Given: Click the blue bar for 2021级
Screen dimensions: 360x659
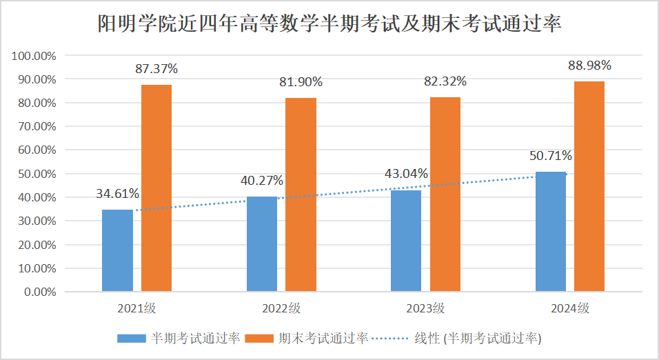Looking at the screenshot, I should pyautogui.click(x=117, y=250).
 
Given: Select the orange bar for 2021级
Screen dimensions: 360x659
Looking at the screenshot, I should pyautogui.click(x=156, y=188).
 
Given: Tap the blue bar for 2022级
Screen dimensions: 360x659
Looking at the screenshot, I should pyautogui.click(x=262, y=243).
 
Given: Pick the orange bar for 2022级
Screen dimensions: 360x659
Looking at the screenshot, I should pyautogui.click(x=301, y=194).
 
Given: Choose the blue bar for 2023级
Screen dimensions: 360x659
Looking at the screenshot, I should pyautogui.click(x=406, y=241).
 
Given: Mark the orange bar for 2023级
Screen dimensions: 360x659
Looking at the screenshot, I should pyautogui.click(x=445, y=194).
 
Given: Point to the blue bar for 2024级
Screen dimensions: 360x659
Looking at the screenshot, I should pyautogui.click(x=551, y=231).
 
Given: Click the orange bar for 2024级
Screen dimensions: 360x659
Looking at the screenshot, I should pyautogui.click(x=589, y=186).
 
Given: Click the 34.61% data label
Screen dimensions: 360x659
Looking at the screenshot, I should pyautogui.click(x=118, y=193).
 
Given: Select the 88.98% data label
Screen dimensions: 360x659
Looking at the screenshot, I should pyautogui.click(x=589, y=66).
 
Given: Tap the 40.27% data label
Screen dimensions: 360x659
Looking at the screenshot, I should pyautogui.click(x=262, y=181).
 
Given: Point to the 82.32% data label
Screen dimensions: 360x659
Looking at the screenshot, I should pyautogui.click(x=445, y=81).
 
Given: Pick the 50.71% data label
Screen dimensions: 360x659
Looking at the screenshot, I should pyautogui.click(x=551, y=156).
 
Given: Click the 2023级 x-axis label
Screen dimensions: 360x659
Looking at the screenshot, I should pyautogui.click(x=425, y=308).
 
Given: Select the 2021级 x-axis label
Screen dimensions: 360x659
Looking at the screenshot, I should pyautogui.click(x=136, y=308).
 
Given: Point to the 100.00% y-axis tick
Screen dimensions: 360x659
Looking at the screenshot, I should pyautogui.click(x=34, y=56).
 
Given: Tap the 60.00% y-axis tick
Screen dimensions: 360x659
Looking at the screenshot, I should pyautogui.click(x=37, y=150).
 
